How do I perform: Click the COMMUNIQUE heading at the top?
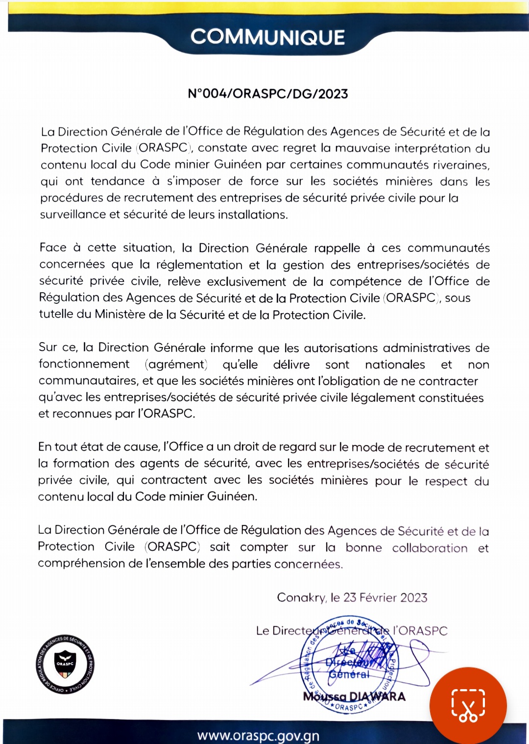tap(267, 37)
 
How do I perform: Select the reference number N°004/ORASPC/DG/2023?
tap(267, 94)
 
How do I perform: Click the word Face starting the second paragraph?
tap(52, 248)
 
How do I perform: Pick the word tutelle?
tap(56, 314)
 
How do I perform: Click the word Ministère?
tap(120, 314)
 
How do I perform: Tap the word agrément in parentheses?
tap(176, 365)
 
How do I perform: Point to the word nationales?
tap(395, 365)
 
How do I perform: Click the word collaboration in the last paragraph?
tap(430, 547)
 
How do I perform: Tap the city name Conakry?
tap(301, 597)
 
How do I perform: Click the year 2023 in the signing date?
tap(414, 597)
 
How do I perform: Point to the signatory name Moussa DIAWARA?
tap(354, 696)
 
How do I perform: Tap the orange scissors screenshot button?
tap(468, 705)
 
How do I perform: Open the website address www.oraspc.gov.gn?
tap(258, 735)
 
